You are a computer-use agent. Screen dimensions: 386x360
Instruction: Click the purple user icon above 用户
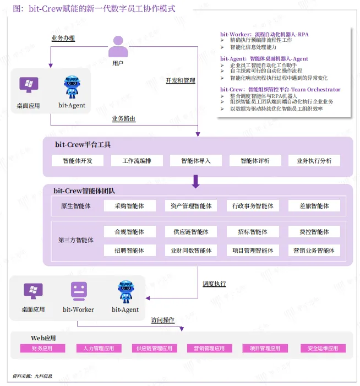pos(118,47)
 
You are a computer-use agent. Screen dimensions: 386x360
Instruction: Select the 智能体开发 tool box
pos(78,161)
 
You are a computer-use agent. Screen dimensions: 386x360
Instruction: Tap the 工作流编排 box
pos(137,161)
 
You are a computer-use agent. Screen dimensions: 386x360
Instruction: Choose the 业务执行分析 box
pos(314,161)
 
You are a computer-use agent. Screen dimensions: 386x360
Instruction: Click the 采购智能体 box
pos(129,206)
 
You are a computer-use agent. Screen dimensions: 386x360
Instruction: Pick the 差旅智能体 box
pos(314,206)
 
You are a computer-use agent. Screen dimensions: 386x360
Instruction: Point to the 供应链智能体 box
pos(191,232)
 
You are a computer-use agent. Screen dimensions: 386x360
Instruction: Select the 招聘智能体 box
pos(129,251)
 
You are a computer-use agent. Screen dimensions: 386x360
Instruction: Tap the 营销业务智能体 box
pos(314,251)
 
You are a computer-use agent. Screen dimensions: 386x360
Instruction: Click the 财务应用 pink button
pos(42,349)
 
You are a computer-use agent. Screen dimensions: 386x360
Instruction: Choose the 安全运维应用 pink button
pos(323,349)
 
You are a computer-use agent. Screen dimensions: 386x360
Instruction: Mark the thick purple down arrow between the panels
pos(195,181)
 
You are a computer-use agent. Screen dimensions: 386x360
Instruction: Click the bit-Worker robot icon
pos(79,291)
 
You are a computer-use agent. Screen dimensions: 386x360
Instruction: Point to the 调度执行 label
pos(214,284)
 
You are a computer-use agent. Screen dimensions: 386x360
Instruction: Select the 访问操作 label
pos(162,320)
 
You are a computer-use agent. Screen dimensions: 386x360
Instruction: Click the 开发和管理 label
pos(181,80)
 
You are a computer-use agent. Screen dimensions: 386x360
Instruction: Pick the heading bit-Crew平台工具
pos(83,145)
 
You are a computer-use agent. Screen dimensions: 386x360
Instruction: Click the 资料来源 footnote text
pos(32,376)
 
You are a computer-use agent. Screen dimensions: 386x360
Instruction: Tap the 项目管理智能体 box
pos(253,251)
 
